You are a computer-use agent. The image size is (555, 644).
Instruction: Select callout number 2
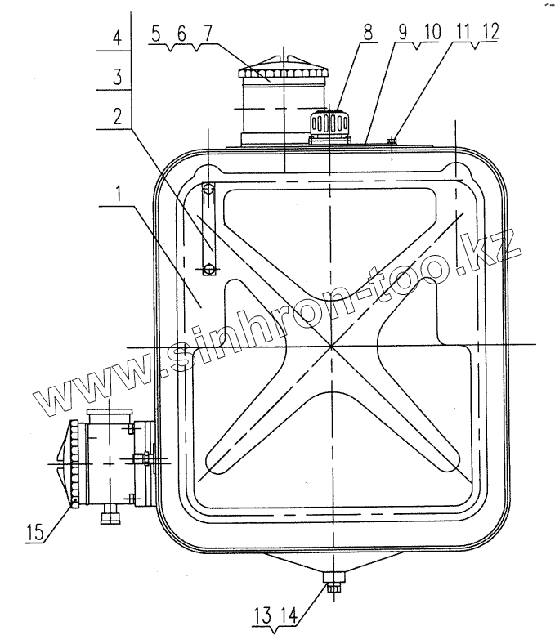(120, 115)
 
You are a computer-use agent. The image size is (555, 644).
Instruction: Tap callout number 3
(119, 78)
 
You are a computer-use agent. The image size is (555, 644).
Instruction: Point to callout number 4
(119, 38)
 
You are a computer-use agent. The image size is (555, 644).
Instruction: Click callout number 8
(367, 34)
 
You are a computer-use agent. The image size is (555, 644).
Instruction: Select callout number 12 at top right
(490, 34)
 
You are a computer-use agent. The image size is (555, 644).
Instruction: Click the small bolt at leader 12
(392, 141)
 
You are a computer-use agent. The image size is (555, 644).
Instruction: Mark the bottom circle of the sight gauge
(210, 268)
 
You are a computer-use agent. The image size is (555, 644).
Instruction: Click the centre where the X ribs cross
(331, 346)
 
